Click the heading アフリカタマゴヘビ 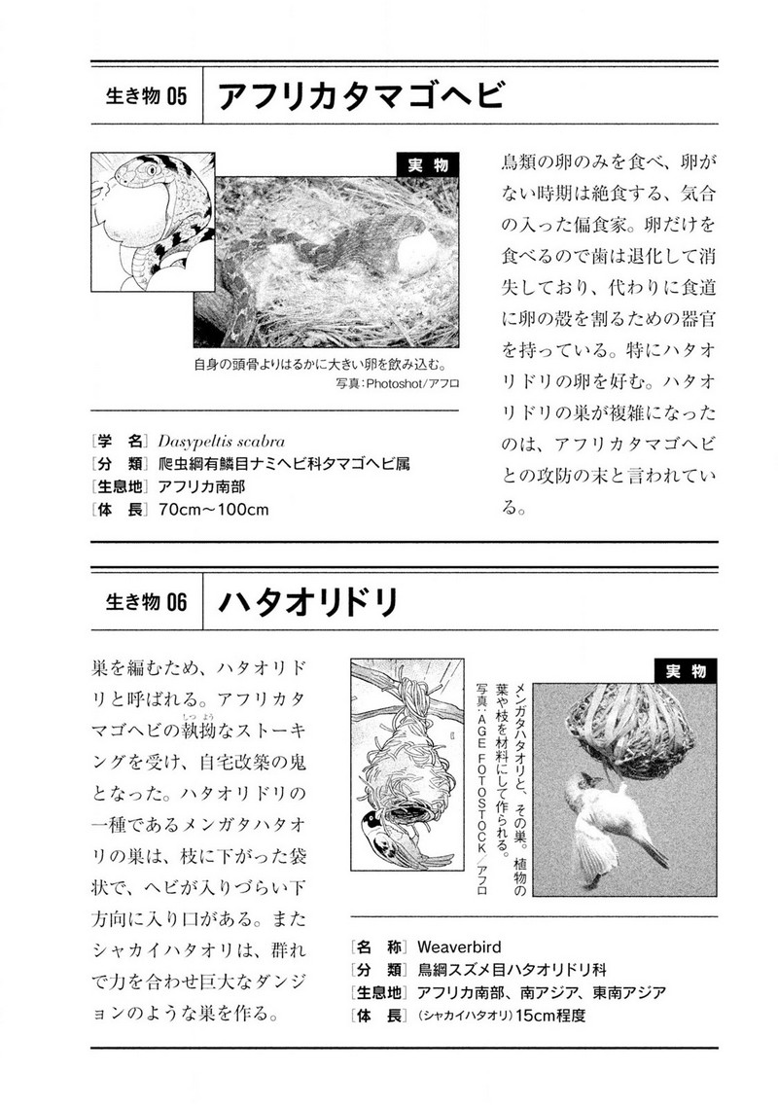pyautogui.click(x=361, y=97)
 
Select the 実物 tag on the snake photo pyautogui.click(x=428, y=166)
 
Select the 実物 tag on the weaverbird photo pyautogui.click(x=686, y=671)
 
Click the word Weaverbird pyautogui.click(x=459, y=946)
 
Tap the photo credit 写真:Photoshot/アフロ pyautogui.click(x=395, y=384)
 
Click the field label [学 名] pyautogui.click(x=118, y=440)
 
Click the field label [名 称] pyautogui.click(x=378, y=946)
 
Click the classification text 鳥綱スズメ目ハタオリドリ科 pyautogui.click(x=512, y=969)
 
